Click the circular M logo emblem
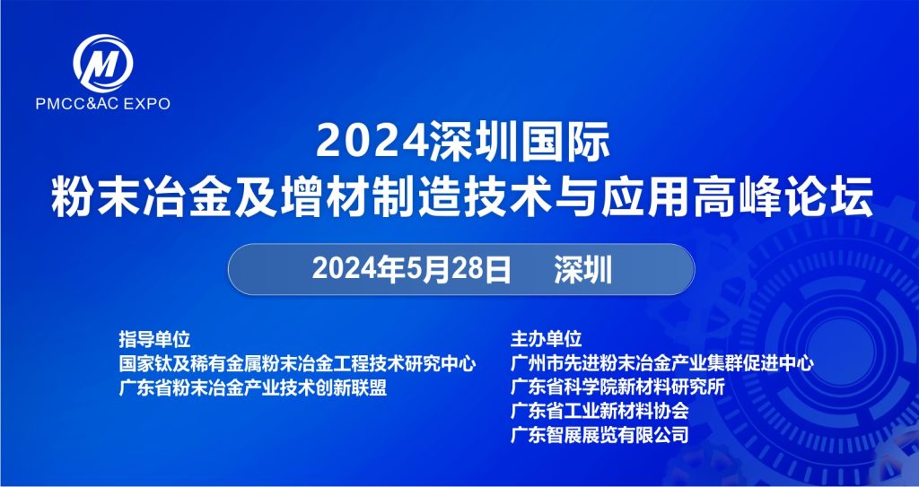click(x=103, y=64)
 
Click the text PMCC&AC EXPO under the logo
click(x=102, y=104)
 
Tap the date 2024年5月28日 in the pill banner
click(x=411, y=270)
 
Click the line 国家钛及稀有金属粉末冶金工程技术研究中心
click(x=297, y=363)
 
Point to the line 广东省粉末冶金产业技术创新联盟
click(x=252, y=387)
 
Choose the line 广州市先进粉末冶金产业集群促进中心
click(x=662, y=363)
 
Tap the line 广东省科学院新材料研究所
click(x=617, y=387)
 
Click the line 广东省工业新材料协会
click(x=600, y=411)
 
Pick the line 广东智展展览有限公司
click(x=600, y=435)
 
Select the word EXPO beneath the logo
click(x=146, y=104)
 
